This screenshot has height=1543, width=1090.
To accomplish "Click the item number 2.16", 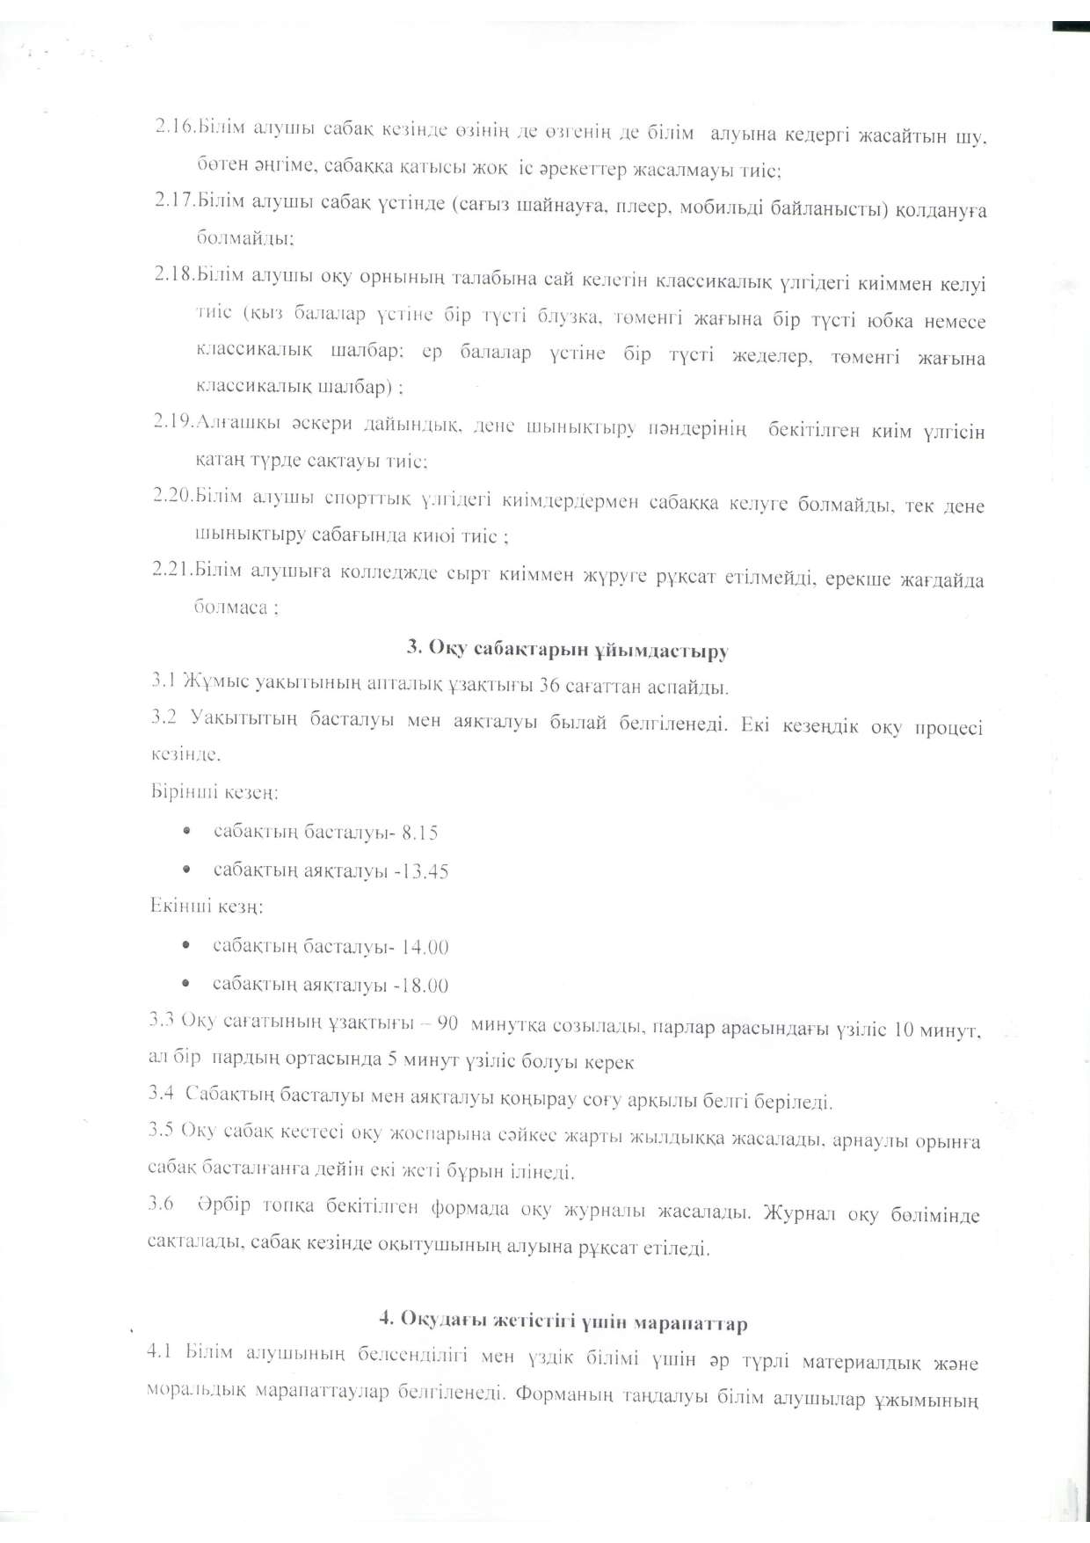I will [175, 128].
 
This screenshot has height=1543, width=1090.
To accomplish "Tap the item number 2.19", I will [173, 422].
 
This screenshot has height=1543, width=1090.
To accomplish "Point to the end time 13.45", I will [425, 870].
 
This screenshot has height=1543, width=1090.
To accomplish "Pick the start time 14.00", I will [425, 947].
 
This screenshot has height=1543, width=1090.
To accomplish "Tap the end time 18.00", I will [425, 986].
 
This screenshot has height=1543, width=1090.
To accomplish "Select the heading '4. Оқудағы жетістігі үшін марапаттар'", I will [563, 1321].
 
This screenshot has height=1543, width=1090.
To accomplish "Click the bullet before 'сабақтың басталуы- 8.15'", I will [186, 831].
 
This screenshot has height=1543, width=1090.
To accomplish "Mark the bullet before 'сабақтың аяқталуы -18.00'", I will [186, 985].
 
